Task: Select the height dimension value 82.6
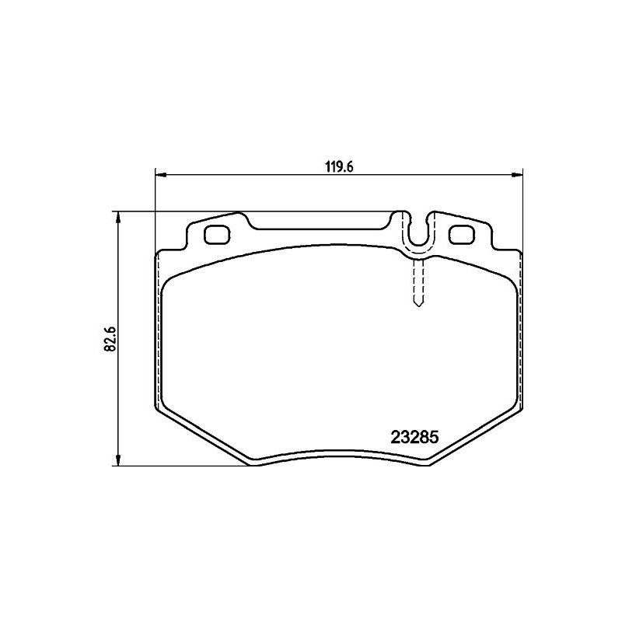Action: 110,339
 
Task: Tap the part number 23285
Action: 414,437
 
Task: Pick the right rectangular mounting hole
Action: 463,233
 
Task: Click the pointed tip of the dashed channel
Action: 418,304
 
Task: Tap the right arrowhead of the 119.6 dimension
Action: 519,175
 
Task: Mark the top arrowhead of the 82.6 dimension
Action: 118,216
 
